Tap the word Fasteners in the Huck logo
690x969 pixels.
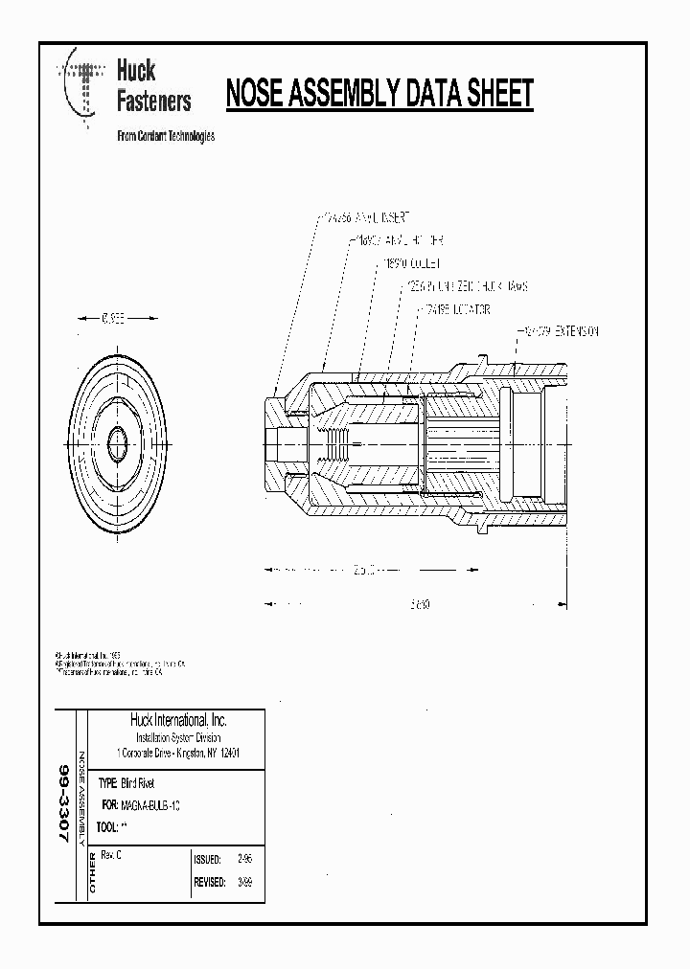pyautogui.click(x=153, y=100)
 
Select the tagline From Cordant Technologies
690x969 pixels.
pyautogui.click(x=165, y=136)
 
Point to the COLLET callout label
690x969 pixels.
pyautogui.click(x=412, y=262)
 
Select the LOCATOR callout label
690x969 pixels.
pyautogui.click(x=455, y=309)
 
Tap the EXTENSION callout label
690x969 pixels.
pyautogui.click(x=560, y=331)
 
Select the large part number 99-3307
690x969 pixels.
pyautogui.click(x=63, y=802)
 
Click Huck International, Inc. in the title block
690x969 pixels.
pyautogui.click(x=178, y=720)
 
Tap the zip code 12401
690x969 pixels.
pyautogui.click(x=230, y=754)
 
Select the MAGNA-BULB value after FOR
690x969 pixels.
pyautogui.click(x=152, y=805)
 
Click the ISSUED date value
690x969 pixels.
pyautogui.click(x=231, y=860)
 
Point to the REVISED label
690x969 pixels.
pyautogui.click(x=209, y=883)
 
